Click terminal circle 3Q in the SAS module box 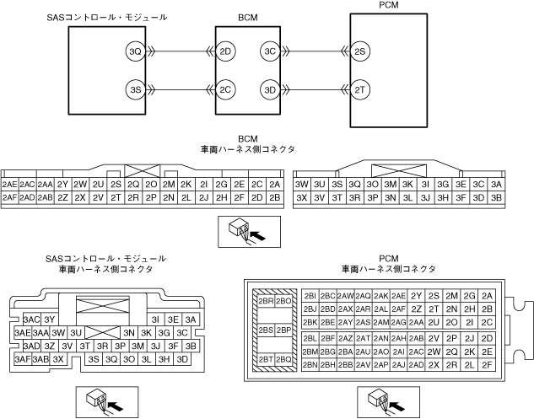(134, 52)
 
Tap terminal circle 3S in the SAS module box (134, 89)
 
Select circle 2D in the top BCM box (225, 52)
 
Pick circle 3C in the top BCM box (270, 52)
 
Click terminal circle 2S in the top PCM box (361, 52)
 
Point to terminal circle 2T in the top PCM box (361, 89)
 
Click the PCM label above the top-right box (389, 6)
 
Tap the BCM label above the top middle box (247, 17)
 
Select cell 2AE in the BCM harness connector (10, 184)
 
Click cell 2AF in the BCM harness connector (10, 197)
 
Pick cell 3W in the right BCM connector (301, 184)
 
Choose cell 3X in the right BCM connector (301, 197)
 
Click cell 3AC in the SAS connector (32, 320)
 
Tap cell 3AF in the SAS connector (23, 358)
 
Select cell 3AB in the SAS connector (40, 358)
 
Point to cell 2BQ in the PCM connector (283, 359)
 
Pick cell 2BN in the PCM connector (310, 364)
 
